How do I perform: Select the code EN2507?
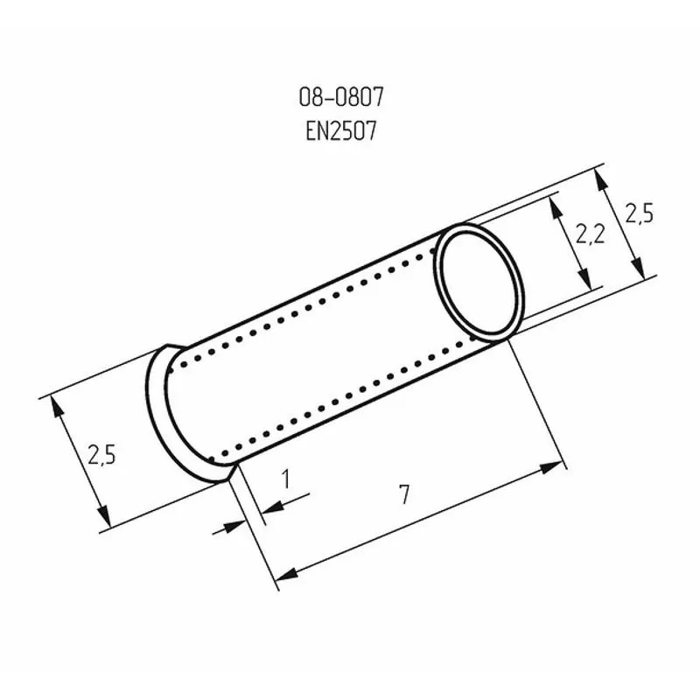point(341,131)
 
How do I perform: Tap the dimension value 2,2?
point(591,234)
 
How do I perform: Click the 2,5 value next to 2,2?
point(640,213)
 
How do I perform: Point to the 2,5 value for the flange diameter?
point(101,454)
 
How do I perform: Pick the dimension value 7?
point(403,494)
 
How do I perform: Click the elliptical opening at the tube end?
point(479,282)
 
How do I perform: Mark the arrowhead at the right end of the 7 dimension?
point(555,467)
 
